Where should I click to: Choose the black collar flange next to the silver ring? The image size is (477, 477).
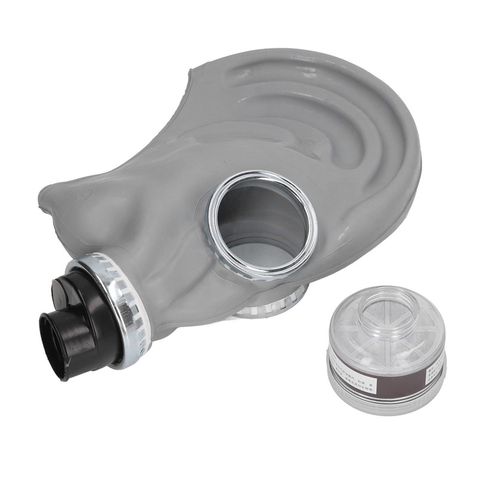pos(89,310)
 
